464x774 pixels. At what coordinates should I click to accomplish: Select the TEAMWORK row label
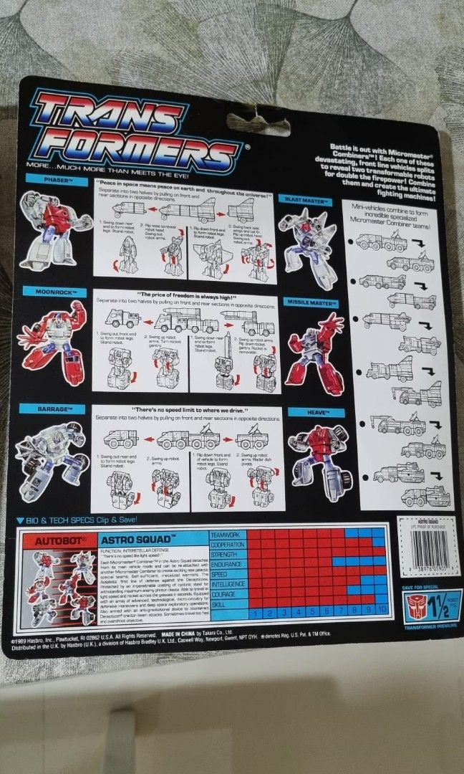coord(228,534)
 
